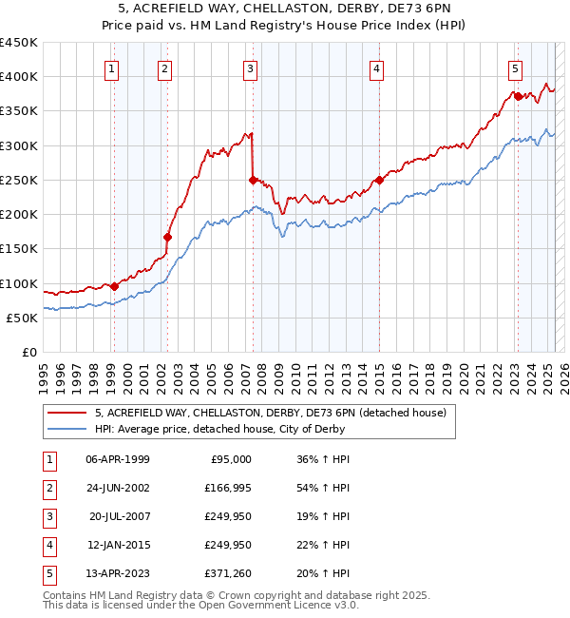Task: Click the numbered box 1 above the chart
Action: click(112, 68)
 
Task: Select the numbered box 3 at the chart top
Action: click(250, 68)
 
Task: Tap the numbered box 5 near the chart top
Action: click(515, 68)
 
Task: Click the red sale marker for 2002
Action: click(167, 237)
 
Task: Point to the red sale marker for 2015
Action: click(379, 180)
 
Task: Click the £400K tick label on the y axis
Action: click(19, 77)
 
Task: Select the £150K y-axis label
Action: click(19, 249)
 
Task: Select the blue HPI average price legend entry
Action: click(219, 429)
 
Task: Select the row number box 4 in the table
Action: click(48, 545)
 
